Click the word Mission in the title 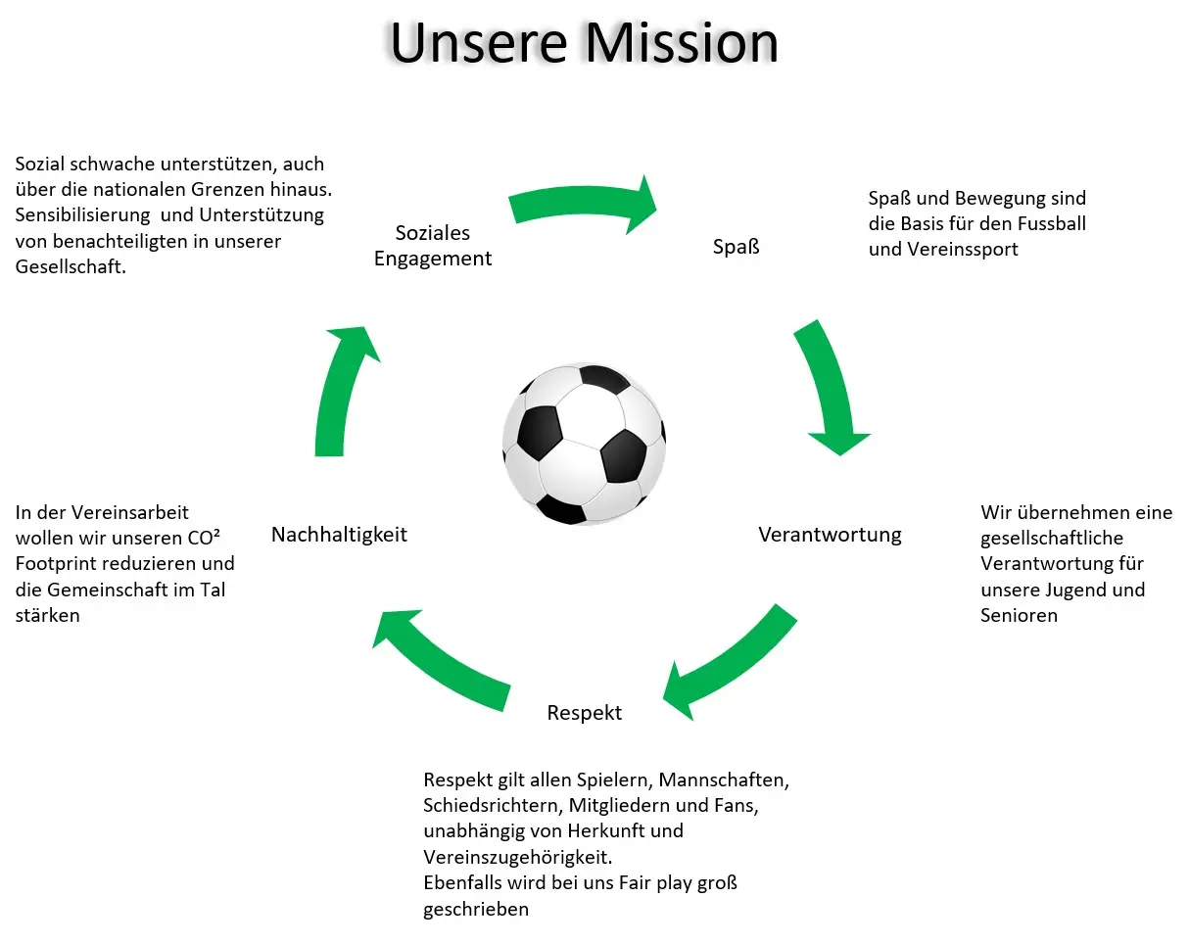click(681, 42)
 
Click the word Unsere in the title click(477, 42)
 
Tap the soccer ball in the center click(584, 444)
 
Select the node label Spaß click(737, 246)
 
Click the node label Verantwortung click(830, 535)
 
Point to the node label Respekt click(585, 712)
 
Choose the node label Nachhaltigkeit click(339, 535)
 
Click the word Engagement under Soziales click(433, 260)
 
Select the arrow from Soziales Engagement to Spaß click(584, 203)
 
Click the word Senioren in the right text click(1019, 615)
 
